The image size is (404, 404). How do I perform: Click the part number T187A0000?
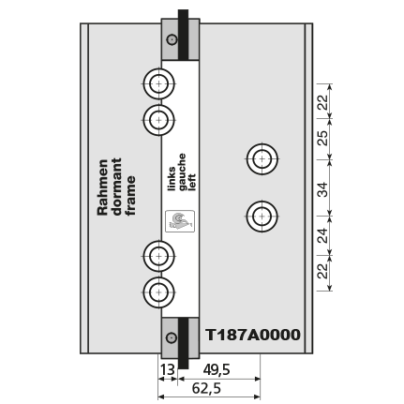pyautogui.click(x=253, y=335)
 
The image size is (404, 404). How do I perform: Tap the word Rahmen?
pyautogui.click(x=103, y=187)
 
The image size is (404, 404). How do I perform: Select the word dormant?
pyautogui.click(x=117, y=187)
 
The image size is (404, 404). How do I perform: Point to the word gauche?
pyautogui.click(x=182, y=172)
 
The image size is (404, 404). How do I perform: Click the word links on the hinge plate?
pyautogui.click(x=172, y=179)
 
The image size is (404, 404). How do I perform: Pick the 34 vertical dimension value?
pyautogui.click(x=323, y=189)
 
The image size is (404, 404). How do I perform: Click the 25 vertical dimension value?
pyautogui.click(x=323, y=138)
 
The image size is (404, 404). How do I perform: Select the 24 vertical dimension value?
pyautogui.click(x=323, y=235)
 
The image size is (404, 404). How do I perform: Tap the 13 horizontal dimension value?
pyautogui.click(x=168, y=370)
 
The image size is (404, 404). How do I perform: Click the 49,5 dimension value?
pyautogui.click(x=217, y=370)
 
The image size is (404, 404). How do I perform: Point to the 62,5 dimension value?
pyautogui.click(x=206, y=388)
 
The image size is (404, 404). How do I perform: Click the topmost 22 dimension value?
pyautogui.click(x=323, y=102)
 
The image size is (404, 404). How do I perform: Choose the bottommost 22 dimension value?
pyautogui.click(x=323, y=271)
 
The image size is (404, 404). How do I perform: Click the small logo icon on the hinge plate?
pyautogui.click(x=180, y=221)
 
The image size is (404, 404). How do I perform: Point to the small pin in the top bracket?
pyautogui.click(x=172, y=39)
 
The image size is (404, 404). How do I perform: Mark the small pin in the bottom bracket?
pyautogui.click(x=172, y=338)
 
